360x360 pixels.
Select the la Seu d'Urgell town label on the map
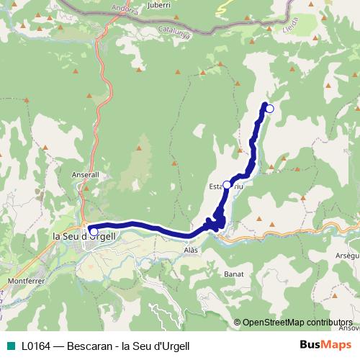84,235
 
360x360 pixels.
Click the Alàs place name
190,249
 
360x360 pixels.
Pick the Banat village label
233,274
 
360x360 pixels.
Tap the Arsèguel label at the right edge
348,256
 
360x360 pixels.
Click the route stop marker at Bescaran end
270,109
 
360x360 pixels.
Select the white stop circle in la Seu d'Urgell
94,231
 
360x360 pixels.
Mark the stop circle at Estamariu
227,185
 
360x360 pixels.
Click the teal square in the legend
11,346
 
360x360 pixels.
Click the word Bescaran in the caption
90,346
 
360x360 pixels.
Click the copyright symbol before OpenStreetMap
238,322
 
